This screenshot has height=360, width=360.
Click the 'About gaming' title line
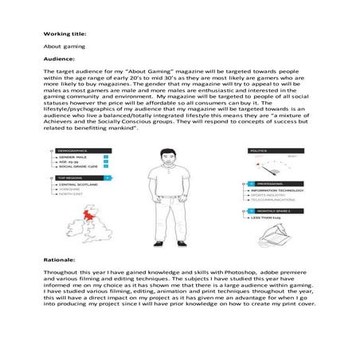tap(61, 47)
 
